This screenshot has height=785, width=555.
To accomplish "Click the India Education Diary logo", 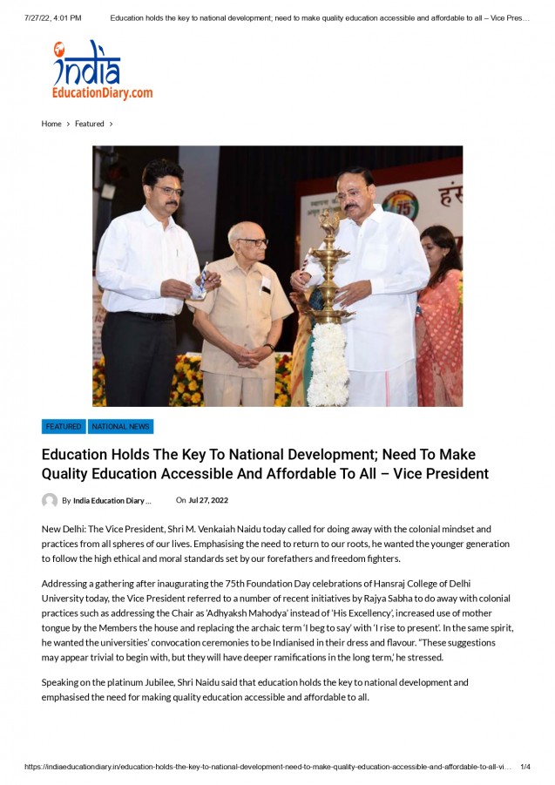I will (102, 71).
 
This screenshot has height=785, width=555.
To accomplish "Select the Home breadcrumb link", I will (51, 124).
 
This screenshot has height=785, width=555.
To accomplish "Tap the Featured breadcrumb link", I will (89, 124).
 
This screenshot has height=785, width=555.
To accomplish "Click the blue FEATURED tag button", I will (64, 427).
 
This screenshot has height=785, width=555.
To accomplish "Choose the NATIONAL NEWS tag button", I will (120, 427).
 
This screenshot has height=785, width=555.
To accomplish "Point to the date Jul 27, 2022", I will (208, 500).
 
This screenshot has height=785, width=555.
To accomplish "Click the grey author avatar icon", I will (50, 501).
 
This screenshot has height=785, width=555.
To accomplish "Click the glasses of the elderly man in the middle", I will (252, 241).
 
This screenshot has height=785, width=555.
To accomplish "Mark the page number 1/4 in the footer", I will (525, 767).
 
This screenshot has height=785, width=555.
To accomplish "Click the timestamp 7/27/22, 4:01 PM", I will (54, 17).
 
